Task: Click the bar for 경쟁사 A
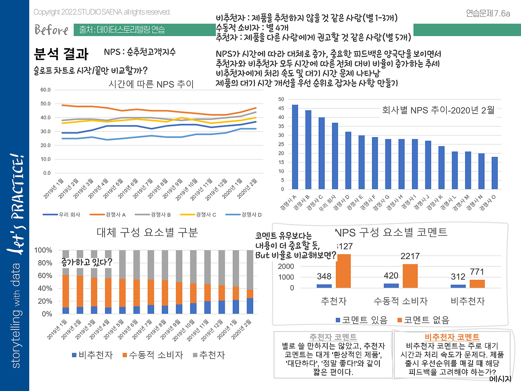point(295,147)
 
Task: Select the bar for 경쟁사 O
point(495,173)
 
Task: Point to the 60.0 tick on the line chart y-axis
point(46,90)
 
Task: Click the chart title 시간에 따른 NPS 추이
point(151,84)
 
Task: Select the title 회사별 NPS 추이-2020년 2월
point(438,110)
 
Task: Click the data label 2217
point(410,256)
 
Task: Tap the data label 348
point(324,277)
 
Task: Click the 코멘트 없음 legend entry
point(423,320)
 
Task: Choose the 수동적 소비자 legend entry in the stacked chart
point(153,355)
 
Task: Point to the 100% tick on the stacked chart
point(43,250)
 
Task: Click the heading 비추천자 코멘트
point(452,337)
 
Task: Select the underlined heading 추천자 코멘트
point(333,337)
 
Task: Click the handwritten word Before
point(51,30)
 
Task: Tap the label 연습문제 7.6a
point(488,13)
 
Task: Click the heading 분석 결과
point(61,54)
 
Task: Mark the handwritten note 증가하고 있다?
point(87,262)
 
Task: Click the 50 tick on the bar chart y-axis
point(281,99)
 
